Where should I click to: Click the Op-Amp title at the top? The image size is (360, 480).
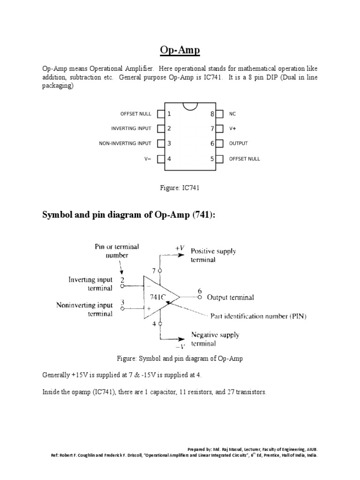(x=180, y=51)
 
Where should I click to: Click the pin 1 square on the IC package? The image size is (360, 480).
(x=161, y=114)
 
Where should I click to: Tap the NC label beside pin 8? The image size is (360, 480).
(x=232, y=114)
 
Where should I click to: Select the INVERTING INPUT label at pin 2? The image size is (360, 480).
(x=131, y=128)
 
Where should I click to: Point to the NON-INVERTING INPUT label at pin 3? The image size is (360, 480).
(x=125, y=143)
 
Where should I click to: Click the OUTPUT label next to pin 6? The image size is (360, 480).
(x=239, y=143)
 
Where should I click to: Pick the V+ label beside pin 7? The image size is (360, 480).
(x=232, y=128)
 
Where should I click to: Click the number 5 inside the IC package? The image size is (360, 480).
(x=212, y=159)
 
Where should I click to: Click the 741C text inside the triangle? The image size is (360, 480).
(x=157, y=297)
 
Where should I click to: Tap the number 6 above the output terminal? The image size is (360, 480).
(x=200, y=290)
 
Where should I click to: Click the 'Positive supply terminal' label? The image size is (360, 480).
(x=213, y=255)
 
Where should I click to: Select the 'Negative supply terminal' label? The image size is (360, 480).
(x=215, y=339)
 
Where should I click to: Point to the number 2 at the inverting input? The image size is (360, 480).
(x=122, y=280)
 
